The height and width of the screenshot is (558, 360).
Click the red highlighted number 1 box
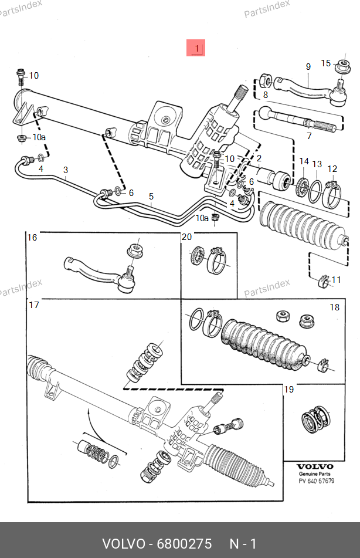click(x=196, y=48)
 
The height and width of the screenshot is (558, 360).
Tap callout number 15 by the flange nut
click(x=326, y=63)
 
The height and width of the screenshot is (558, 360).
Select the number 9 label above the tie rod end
click(x=308, y=66)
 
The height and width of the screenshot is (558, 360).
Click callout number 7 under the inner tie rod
click(x=309, y=136)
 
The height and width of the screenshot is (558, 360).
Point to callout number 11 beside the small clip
click(x=336, y=280)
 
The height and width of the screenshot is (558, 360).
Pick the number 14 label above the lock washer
click(x=304, y=161)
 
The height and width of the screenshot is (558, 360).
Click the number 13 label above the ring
click(x=317, y=164)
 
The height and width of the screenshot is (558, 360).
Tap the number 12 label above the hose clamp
click(x=332, y=168)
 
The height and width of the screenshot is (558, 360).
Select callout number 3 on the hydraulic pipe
click(x=66, y=170)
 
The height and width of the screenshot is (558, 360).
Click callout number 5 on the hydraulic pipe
click(x=151, y=197)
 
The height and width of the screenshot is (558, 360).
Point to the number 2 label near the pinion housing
click(x=259, y=158)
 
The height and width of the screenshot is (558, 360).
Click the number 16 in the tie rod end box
click(x=32, y=238)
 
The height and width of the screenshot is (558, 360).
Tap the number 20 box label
click(x=187, y=237)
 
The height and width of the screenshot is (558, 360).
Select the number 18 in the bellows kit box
click(x=334, y=307)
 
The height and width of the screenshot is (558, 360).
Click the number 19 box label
click(x=289, y=390)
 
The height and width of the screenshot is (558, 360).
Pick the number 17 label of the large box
click(x=34, y=305)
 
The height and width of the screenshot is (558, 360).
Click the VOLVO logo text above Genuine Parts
click(x=315, y=466)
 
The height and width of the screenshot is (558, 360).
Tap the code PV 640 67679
click(x=316, y=481)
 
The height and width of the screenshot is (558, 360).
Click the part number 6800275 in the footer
click(x=184, y=544)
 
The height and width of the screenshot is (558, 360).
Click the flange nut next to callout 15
click(x=343, y=66)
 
